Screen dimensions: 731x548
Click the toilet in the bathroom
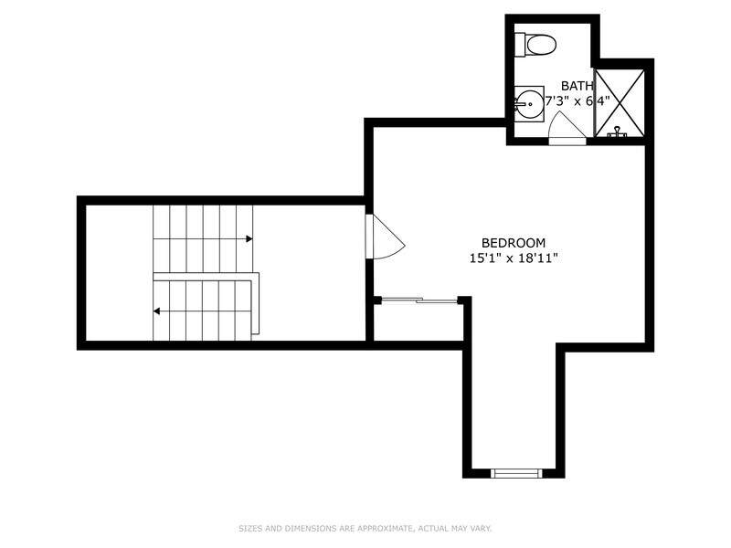click(535, 45)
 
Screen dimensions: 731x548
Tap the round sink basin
click(529, 104)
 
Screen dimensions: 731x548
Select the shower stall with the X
click(620, 103)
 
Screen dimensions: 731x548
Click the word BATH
click(577, 86)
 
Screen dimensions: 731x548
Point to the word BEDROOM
click(514, 243)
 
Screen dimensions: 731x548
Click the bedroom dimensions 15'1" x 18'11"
click(514, 258)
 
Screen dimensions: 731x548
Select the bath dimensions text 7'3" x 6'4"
click(577, 100)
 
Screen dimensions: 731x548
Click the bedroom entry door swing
click(385, 237)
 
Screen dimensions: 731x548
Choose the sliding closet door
click(419, 300)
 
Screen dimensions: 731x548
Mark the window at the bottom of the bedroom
click(516, 473)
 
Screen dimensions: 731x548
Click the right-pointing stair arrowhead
click(249, 239)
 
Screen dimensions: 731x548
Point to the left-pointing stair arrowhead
click(156, 311)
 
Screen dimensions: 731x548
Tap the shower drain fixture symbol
click(618, 132)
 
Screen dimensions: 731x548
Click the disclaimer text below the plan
click(365, 529)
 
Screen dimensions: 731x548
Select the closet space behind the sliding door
click(418, 322)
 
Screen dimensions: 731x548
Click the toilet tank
click(520, 45)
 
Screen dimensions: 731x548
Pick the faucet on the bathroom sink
click(518, 104)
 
